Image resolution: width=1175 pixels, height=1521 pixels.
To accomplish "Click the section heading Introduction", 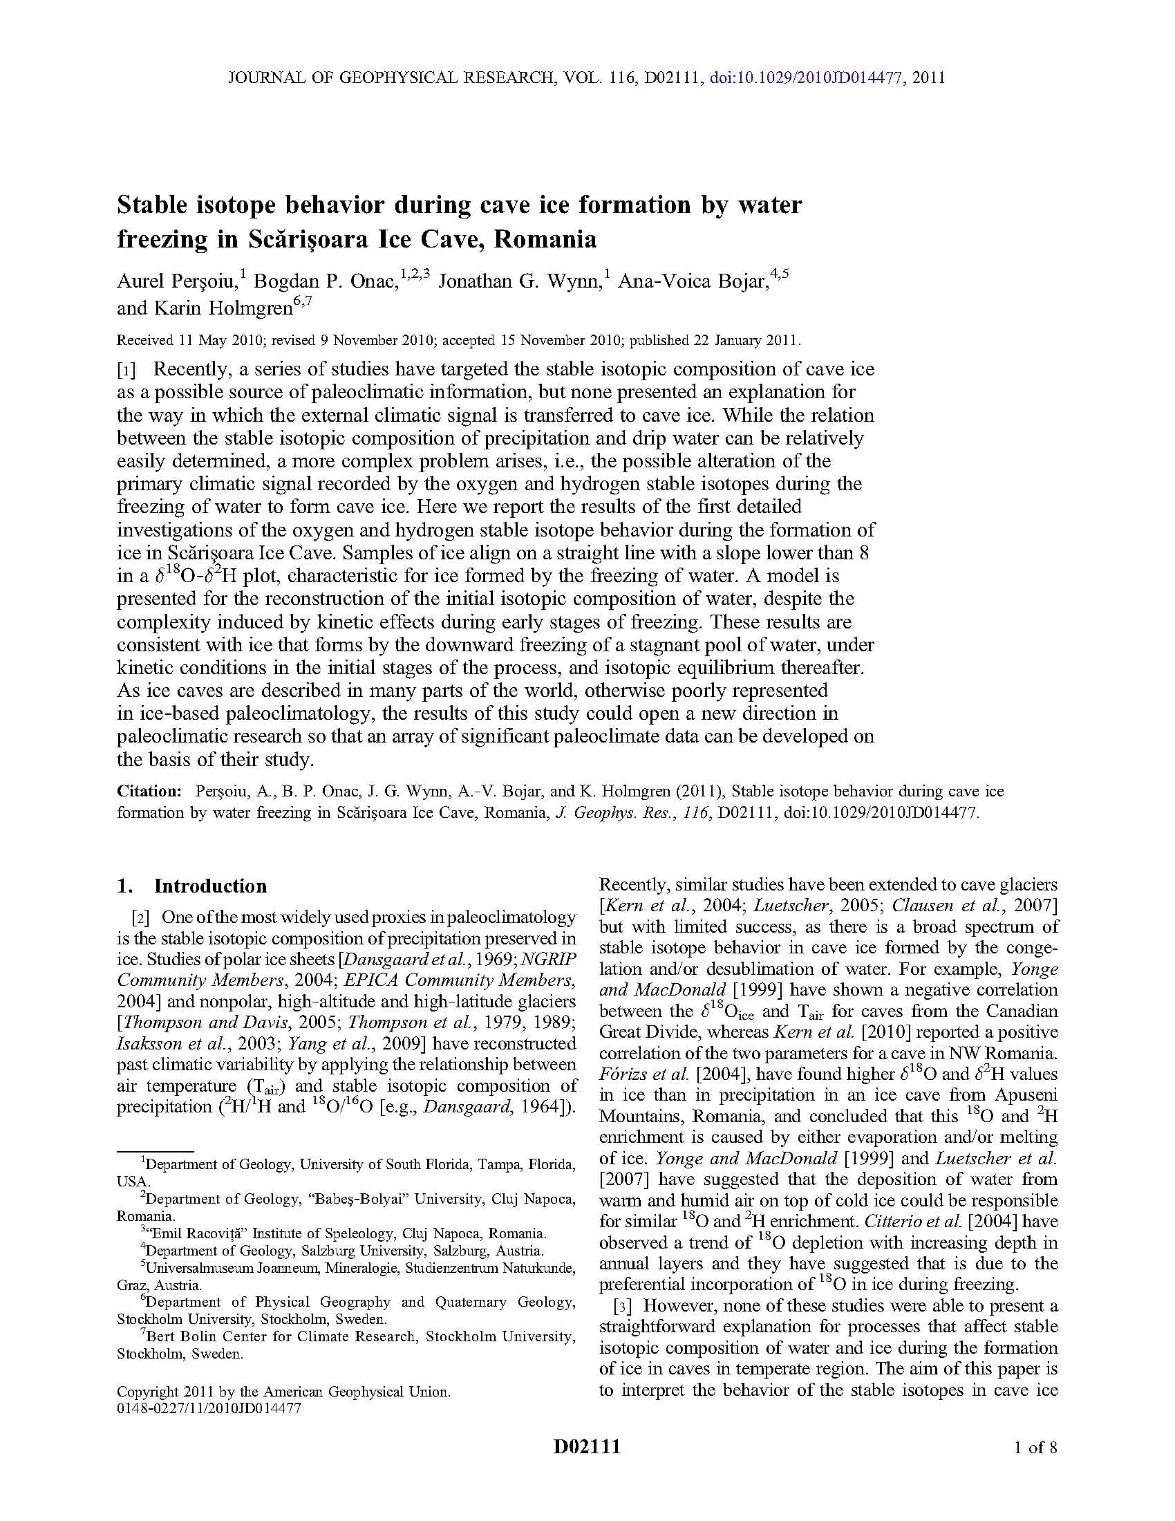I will coord(210,886).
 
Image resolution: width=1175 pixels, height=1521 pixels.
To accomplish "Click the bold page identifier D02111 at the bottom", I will coord(587,1447).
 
